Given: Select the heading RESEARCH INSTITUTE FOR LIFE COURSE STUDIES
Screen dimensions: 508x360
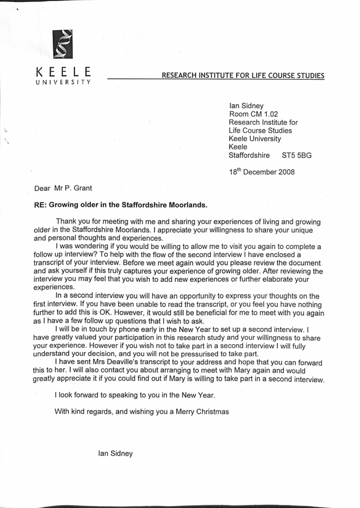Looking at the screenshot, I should click(243, 76).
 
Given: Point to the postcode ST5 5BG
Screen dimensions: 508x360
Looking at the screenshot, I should click(296, 155).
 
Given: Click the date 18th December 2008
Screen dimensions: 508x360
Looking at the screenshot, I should click(262, 172).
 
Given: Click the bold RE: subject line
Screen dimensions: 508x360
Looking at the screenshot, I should click(120, 205).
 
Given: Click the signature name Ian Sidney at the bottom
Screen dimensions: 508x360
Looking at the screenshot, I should click(115, 453).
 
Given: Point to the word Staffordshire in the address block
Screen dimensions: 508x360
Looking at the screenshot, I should click(249, 155).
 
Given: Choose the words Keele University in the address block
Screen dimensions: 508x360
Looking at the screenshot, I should click(255, 139).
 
